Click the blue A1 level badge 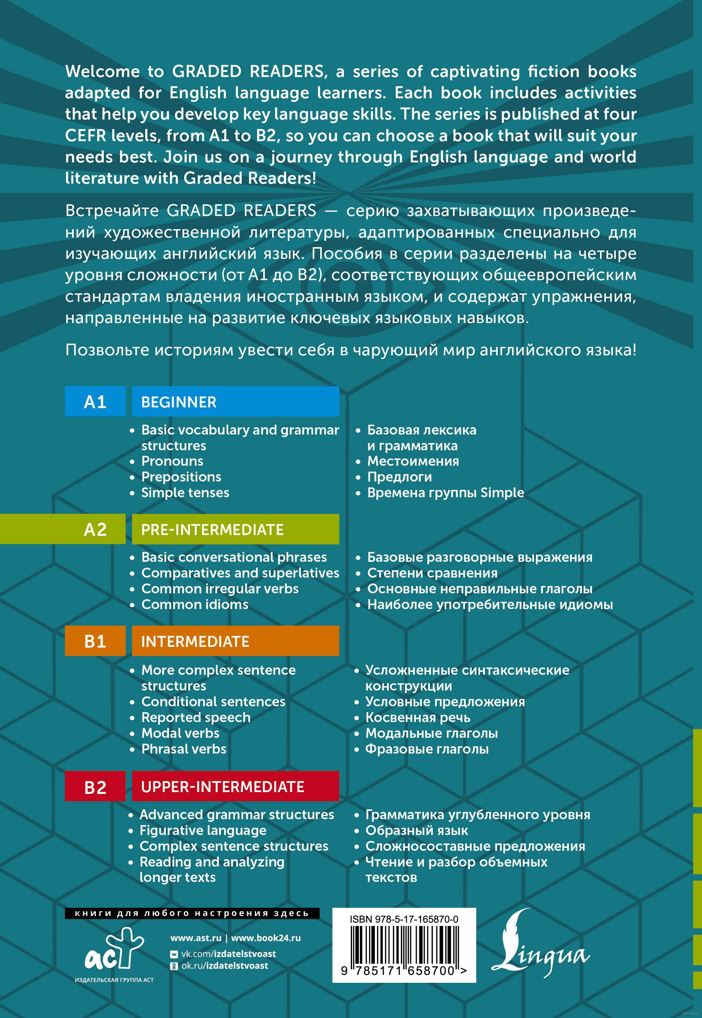[95, 402]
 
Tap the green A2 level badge [95, 529]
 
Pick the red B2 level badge [95, 787]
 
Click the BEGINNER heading [179, 402]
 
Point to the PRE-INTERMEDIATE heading [212, 530]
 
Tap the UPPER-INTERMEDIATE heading [223, 787]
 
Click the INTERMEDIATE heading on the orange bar [195, 642]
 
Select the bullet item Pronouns [172, 461]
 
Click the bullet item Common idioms [195, 604]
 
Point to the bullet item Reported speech [196, 717]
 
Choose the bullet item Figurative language [203, 830]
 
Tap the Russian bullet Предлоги [399, 477]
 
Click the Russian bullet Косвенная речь [418, 717]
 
